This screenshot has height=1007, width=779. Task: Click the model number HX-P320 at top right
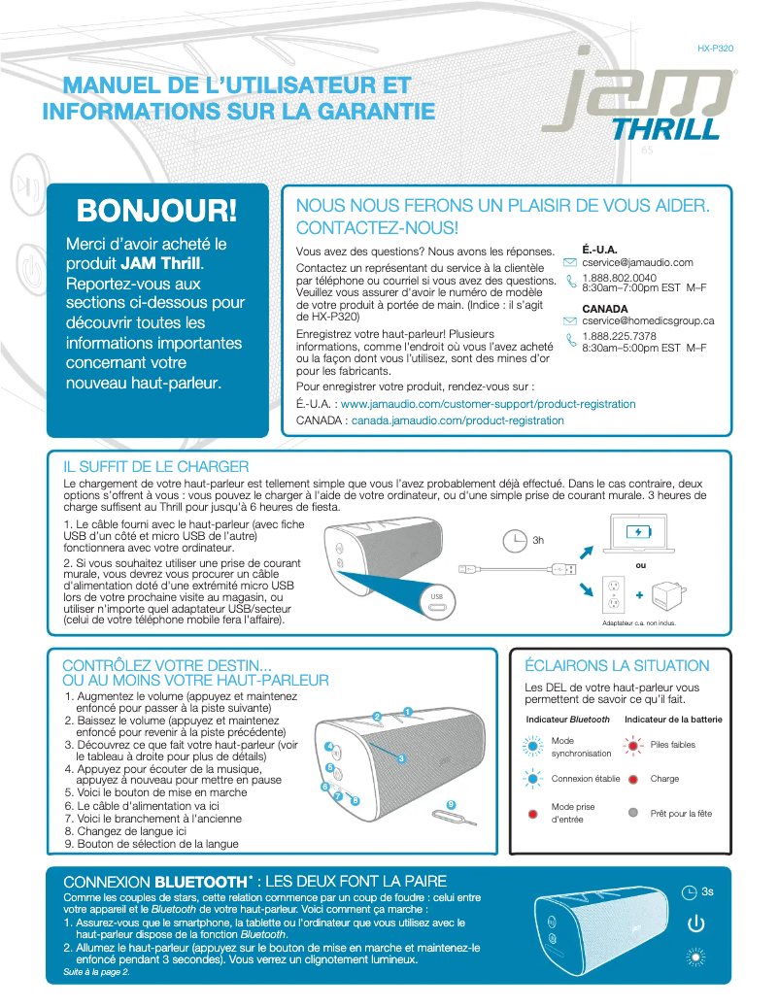pyautogui.click(x=715, y=48)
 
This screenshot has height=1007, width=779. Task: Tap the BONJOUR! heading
pyautogui.click(x=157, y=209)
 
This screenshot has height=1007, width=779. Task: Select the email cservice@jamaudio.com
pyautogui.click(x=637, y=262)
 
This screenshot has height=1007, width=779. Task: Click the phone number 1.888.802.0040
pyautogui.click(x=618, y=278)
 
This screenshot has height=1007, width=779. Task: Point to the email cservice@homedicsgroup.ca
pyautogui.click(x=648, y=320)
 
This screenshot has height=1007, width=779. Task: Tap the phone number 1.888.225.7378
pyautogui.click(x=619, y=336)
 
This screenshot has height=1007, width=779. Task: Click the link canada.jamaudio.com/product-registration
pyautogui.click(x=457, y=420)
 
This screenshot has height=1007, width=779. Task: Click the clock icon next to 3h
pyautogui.click(x=515, y=541)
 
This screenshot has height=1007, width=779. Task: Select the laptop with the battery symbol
pyautogui.click(x=638, y=533)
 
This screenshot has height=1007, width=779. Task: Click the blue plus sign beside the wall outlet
pyautogui.click(x=639, y=595)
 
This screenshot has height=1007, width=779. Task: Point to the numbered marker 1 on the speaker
pyautogui.click(x=408, y=712)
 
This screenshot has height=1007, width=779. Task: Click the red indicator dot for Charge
pyautogui.click(x=632, y=779)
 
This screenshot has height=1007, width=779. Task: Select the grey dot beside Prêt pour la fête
pyautogui.click(x=632, y=813)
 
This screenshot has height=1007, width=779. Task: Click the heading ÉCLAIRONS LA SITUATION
pyautogui.click(x=617, y=666)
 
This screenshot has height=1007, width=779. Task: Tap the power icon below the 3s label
pyautogui.click(x=695, y=923)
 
